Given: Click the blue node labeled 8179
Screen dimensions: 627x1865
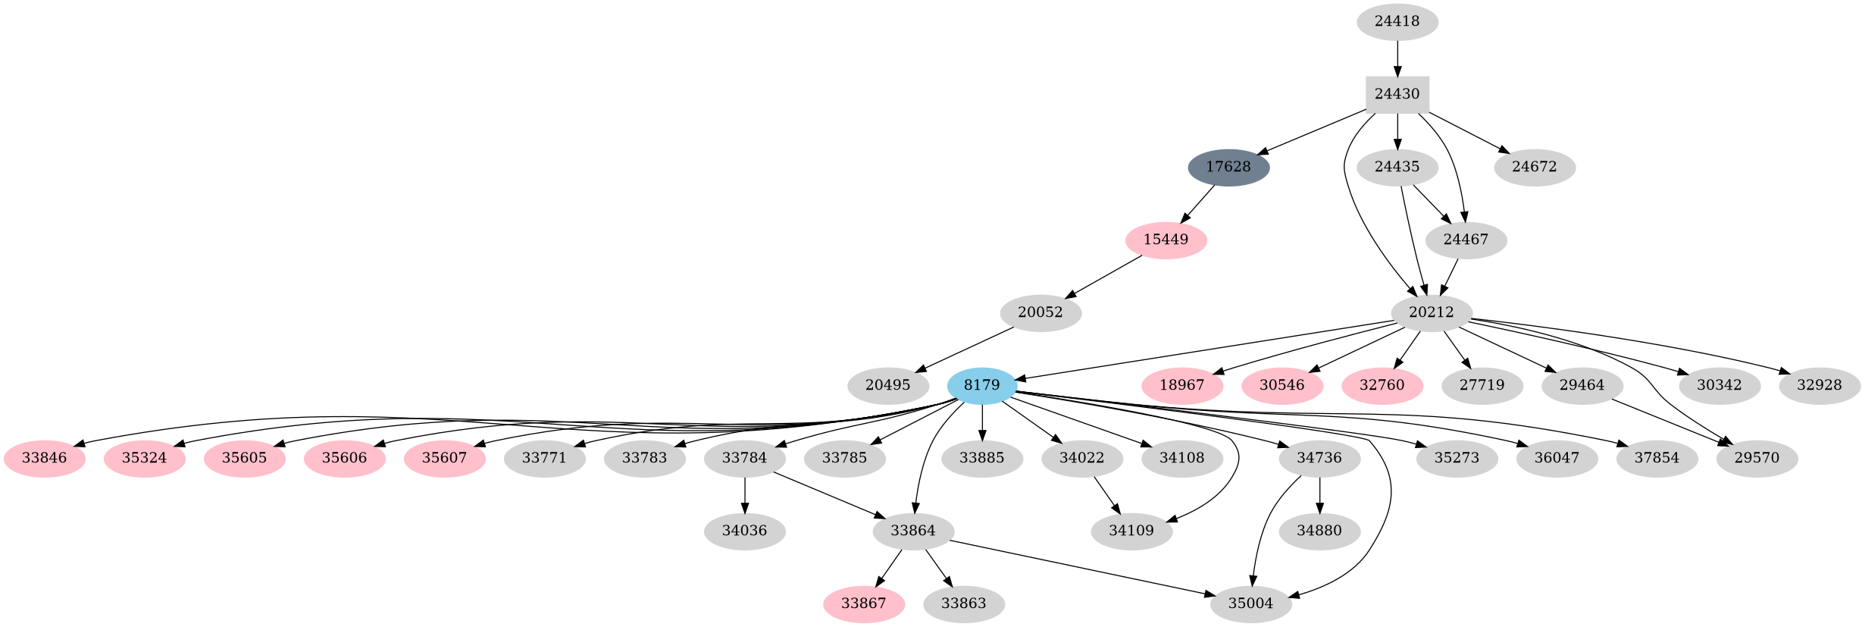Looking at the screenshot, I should click(981, 385).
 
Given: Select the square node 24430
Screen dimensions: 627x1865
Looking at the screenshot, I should click(1397, 94).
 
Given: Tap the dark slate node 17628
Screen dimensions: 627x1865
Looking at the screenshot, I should click(1228, 167).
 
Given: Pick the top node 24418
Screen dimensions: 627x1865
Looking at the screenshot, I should click(1397, 21).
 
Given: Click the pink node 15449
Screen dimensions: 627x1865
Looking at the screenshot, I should click(1166, 240).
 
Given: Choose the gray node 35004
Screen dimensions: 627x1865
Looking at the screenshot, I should click(1250, 603).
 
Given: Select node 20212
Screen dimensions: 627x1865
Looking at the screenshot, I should click(1431, 312).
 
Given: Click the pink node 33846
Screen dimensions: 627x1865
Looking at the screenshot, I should click(44, 458).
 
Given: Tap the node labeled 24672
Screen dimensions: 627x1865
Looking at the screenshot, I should click(1534, 167).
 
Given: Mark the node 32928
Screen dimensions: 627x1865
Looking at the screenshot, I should click(1819, 385).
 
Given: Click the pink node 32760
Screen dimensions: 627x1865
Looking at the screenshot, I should click(1382, 385).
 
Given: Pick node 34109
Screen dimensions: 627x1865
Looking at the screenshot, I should click(1131, 531).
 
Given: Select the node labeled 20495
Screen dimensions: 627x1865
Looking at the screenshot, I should click(887, 385).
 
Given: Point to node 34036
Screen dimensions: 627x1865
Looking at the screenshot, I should click(744, 531).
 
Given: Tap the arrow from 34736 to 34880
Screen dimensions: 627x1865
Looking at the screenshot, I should click(1319, 495).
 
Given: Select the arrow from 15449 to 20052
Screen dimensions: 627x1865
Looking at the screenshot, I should click(1103, 276).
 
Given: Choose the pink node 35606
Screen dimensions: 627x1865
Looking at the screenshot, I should click(344, 458).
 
